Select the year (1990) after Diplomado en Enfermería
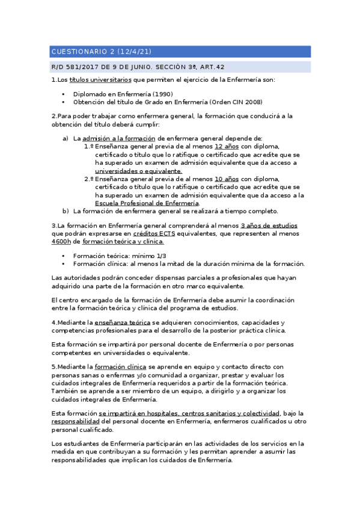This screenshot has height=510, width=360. (162, 94)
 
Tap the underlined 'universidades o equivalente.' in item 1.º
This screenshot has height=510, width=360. (138, 171)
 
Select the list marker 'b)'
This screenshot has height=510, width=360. (66, 211)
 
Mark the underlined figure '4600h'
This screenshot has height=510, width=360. (61, 242)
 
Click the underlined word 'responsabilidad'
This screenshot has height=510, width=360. (76, 422)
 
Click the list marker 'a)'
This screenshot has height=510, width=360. (66, 138)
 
